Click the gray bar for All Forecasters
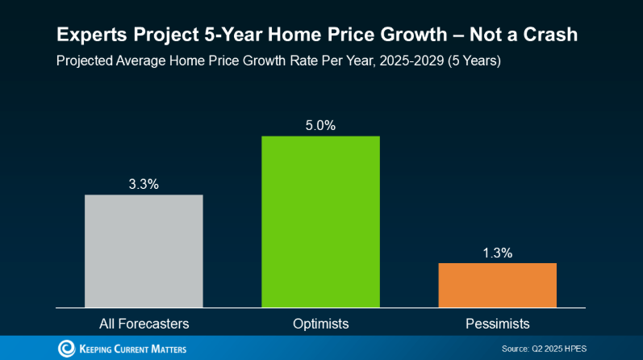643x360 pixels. coord(144,250)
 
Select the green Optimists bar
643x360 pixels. coord(320,221)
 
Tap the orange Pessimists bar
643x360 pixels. coord(497,285)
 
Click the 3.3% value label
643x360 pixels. coord(144,184)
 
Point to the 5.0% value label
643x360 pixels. coord(320,125)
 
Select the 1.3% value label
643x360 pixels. coord(497,253)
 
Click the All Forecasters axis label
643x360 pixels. coord(144,324)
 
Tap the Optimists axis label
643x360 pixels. coord(320,324)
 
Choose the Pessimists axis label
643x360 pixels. coord(497,324)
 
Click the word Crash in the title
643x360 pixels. coord(551,36)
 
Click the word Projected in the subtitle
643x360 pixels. coord(86,61)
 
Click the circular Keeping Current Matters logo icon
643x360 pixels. coord(66,349)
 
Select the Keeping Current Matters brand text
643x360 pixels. coord(133,349)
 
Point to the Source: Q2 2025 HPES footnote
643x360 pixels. coord(543,349)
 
